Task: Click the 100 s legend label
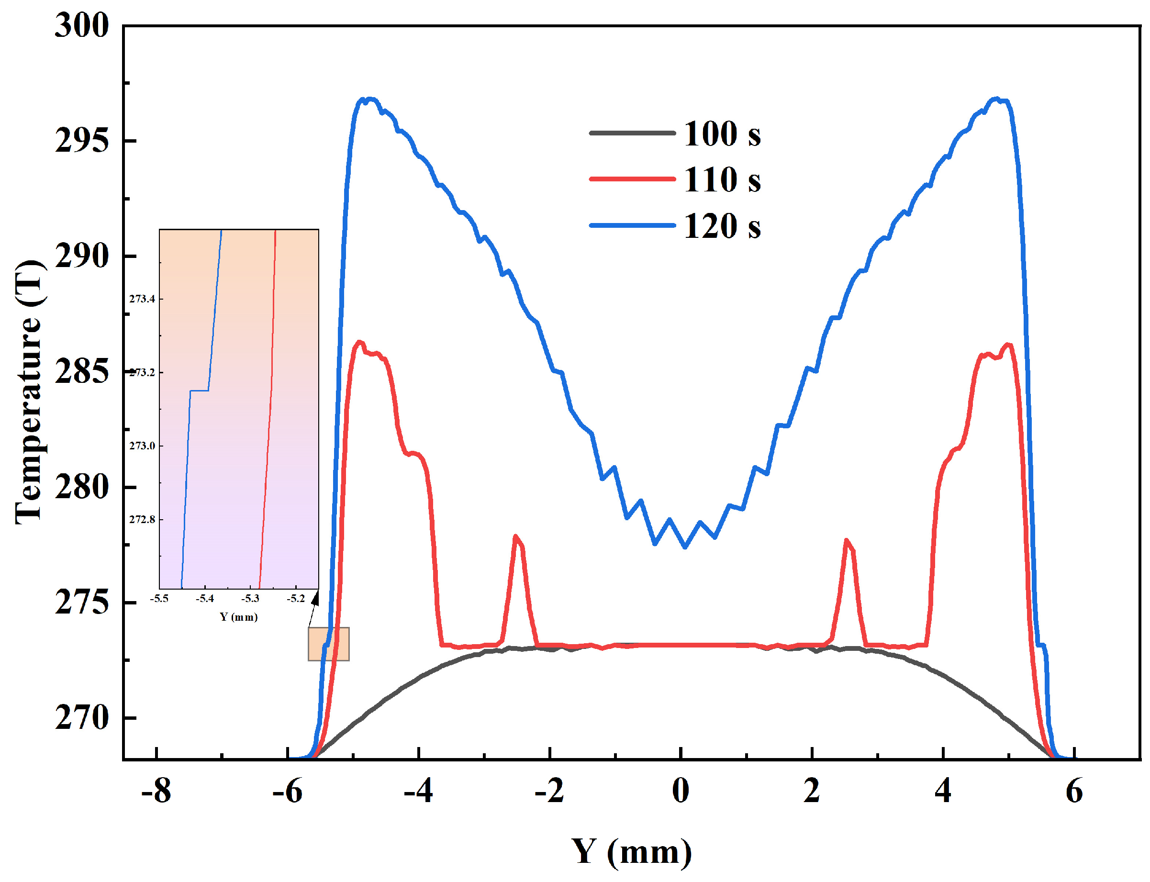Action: pos(722,134)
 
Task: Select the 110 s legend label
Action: pos(722,180)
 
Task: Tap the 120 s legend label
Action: pos(722,226)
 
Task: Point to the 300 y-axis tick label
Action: pos(82,25)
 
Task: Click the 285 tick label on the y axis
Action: pos(82,372)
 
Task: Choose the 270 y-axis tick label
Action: pos(82,718)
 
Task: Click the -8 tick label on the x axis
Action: pos(156,791)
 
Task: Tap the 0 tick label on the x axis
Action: pos(681,791)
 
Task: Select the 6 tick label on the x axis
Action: pos(1074,791)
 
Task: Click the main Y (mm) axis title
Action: pos(631,851)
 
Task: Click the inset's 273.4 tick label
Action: pos(142,299)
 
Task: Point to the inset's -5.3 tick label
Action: pos(250,599)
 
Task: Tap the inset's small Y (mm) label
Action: pos(239,617)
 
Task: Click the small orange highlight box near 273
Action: pos(329,644)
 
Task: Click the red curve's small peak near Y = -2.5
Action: pos(515,536)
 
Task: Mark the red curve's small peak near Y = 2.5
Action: pos(846,540)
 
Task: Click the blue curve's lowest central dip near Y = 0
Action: pos(684,547)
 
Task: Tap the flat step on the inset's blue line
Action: pos(200,391)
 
